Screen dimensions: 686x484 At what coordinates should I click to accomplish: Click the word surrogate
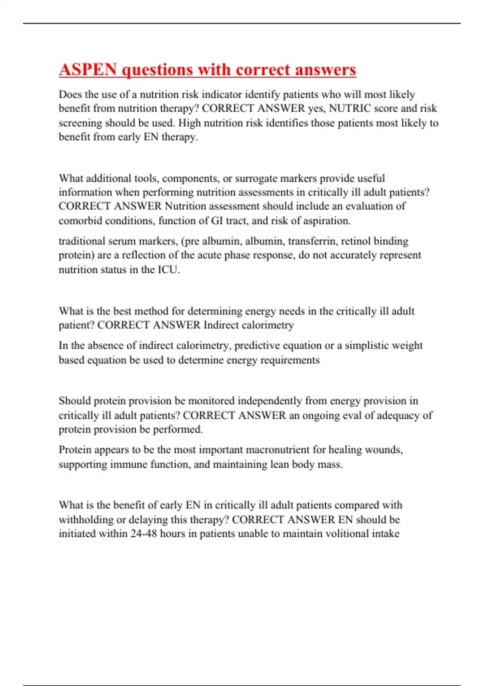pos(256,178)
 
